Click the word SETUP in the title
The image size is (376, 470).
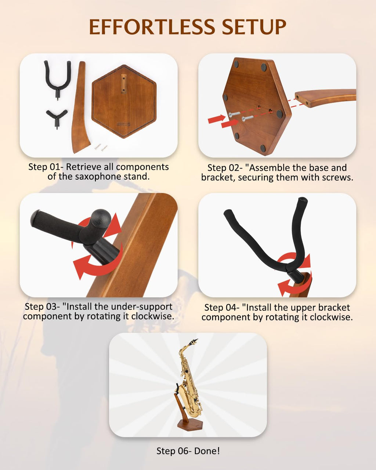click(254, 27)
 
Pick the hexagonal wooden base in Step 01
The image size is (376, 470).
click(124, 101)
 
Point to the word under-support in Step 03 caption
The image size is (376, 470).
click(142, 307)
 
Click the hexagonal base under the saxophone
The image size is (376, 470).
click(189, 424)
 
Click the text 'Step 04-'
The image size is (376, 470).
click(222, 308)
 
